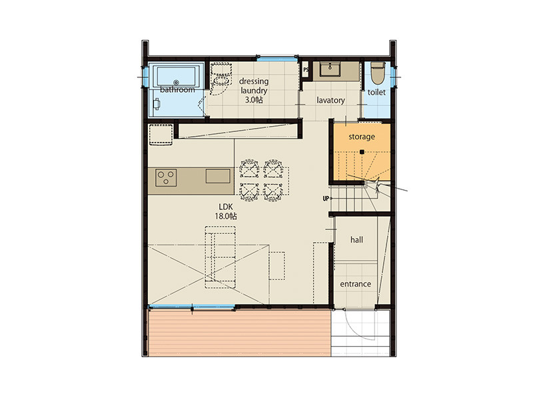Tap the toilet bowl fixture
tap(377, 73)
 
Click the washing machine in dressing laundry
tap(221, 78)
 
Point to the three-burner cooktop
tap(166, 177)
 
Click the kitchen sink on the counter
tap(218, 176)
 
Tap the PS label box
tap(306, 70)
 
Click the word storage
tap(362, 137)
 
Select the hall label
tap(356, 240)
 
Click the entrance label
tap(356, 284)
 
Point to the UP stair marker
tap(326, 198)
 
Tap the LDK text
tap(226, 207)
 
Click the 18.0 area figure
tap(223, 216)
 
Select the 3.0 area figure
tap(251, 100)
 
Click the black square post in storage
tap(362, 152)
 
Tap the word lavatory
tap(330, 101)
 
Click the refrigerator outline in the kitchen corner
tap(161, 135)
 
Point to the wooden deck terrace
tap(239, 333)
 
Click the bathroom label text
tap(177, 90)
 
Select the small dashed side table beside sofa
tap(277, 265)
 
